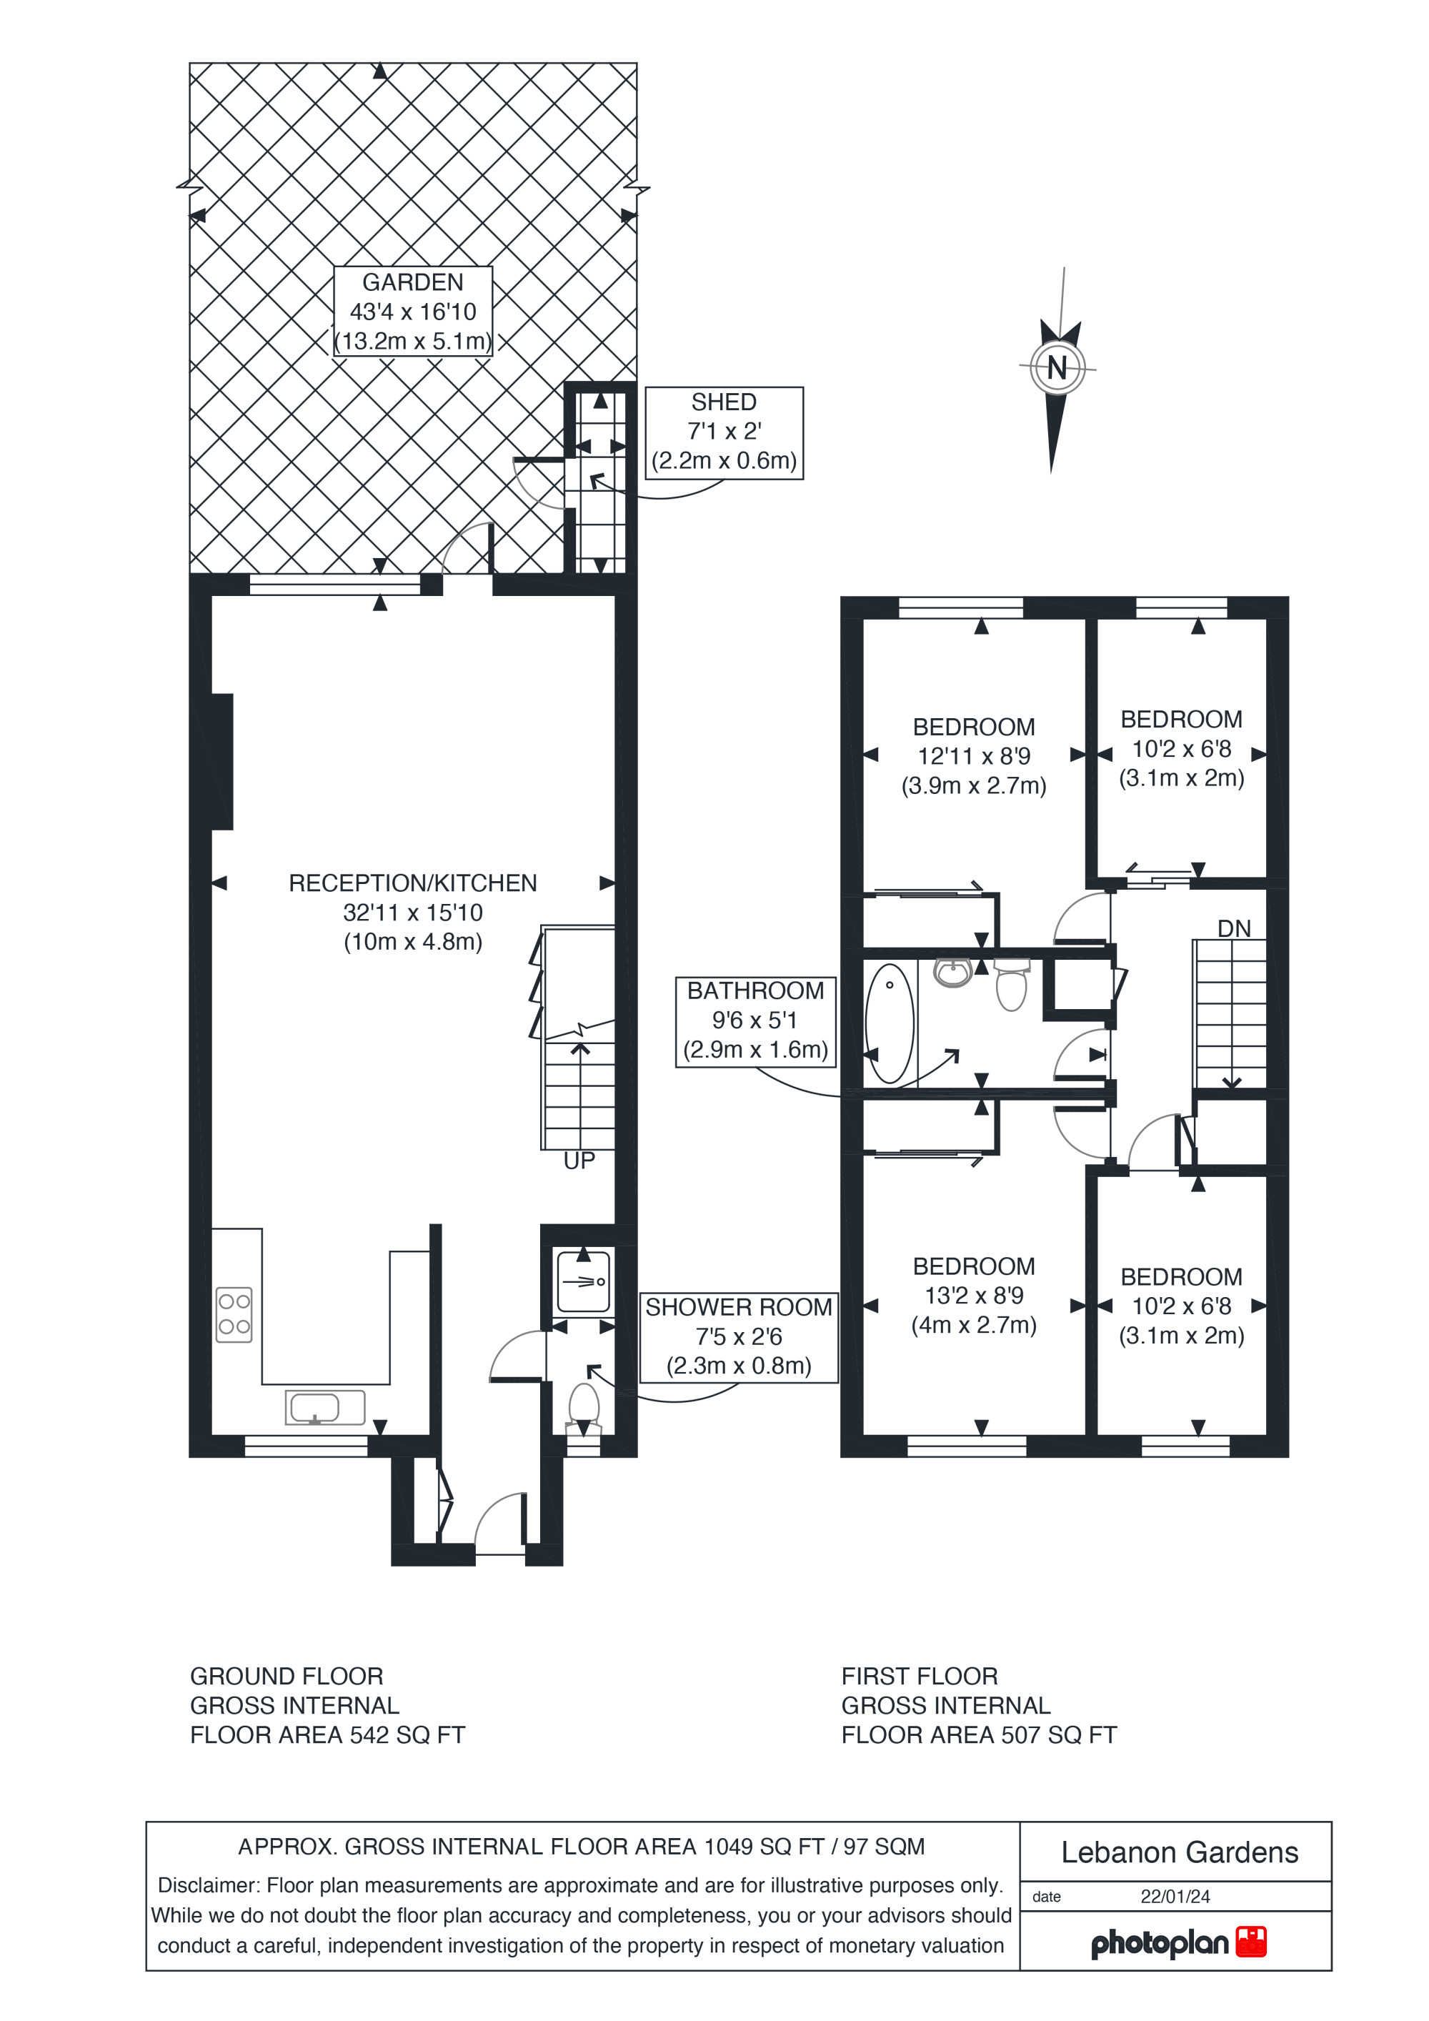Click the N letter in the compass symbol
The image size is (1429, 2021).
1057,367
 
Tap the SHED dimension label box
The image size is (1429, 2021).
725,432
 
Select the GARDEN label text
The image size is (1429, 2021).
413,282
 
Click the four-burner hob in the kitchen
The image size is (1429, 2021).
234,1314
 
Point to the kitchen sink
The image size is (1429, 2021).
324,1408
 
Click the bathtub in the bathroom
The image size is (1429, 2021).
890,1023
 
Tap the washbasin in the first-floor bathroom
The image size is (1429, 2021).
953,973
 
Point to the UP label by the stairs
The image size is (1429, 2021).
579,1161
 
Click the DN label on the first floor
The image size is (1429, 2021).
1234,928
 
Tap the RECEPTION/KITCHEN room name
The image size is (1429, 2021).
413,883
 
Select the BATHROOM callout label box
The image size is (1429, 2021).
755,1021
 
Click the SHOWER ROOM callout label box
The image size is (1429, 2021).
738,1337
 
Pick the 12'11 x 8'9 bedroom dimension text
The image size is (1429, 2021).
974,756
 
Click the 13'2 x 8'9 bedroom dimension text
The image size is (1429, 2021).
974,1296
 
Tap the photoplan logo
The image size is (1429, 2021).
1178,1944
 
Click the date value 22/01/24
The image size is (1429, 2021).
1175,1897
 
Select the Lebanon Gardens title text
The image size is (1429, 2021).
1179,1853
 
